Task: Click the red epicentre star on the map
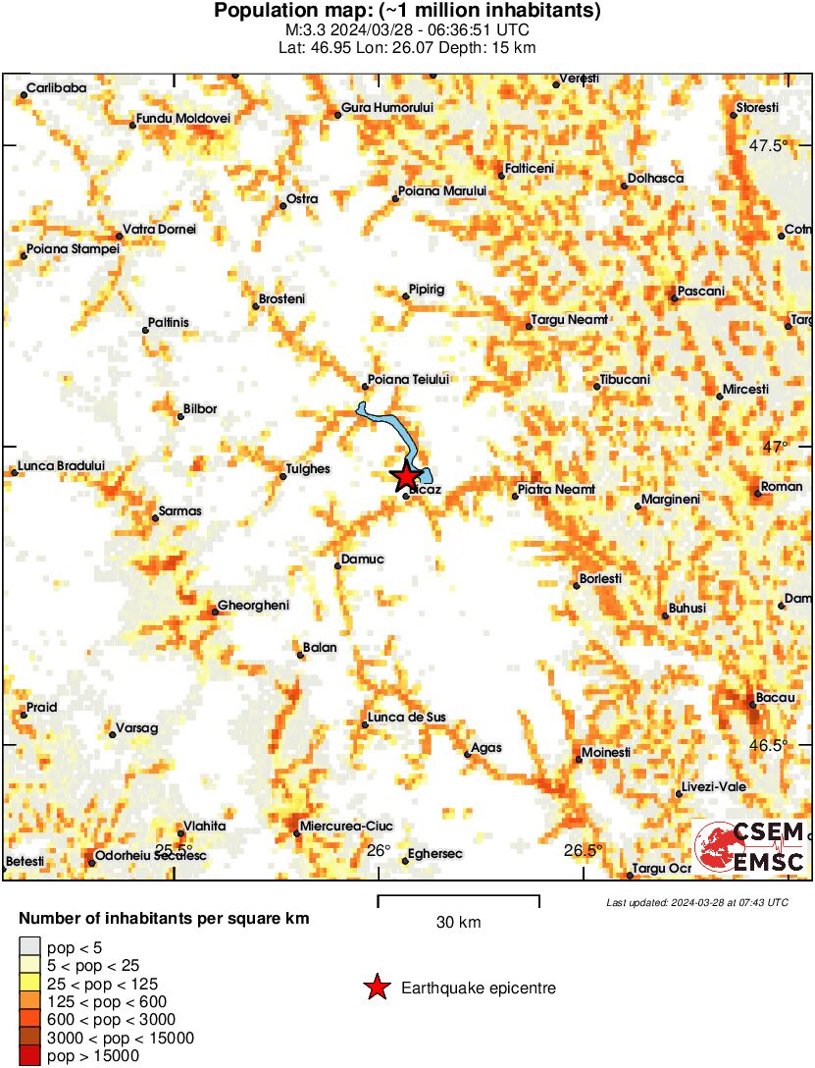point(405,476)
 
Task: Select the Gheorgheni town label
point(253,606)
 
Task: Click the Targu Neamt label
point(569,319)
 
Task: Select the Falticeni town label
point(531,169)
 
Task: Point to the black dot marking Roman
point(757,493)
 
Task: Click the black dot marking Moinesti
point(578,758)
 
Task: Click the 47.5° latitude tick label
point(769,146)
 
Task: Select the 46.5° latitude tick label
point(769,745)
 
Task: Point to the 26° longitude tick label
point(379,850)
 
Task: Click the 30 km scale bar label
point(458,922)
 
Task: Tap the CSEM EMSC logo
point(750,847)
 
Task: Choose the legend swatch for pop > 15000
point(29,1056)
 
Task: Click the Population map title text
point(407,12)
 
